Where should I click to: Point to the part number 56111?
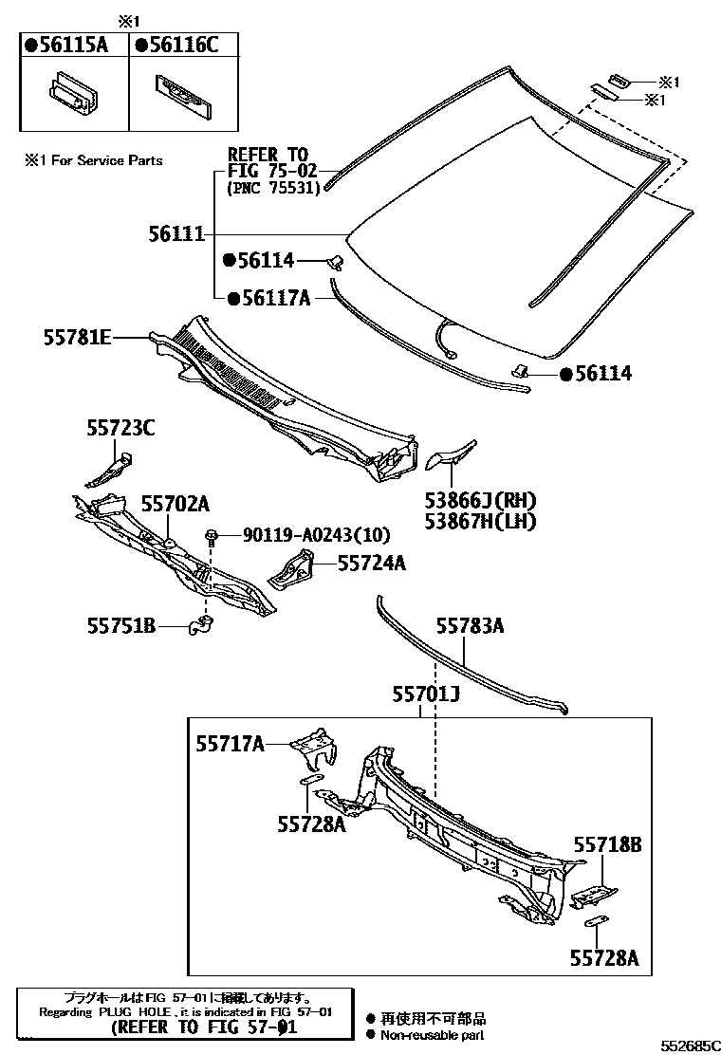[176, 233]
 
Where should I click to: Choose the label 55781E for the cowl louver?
[77, 337]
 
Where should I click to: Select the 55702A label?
[176, 504]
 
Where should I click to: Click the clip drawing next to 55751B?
[201, 626]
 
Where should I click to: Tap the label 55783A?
[470, 625]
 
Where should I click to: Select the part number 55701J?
[426, 695]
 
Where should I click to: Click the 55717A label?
[230, 744]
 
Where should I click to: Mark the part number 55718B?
[607, 844]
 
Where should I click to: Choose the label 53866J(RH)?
[481, 501]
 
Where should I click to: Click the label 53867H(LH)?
[481, 521]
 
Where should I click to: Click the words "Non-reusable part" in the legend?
[433, 1036]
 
